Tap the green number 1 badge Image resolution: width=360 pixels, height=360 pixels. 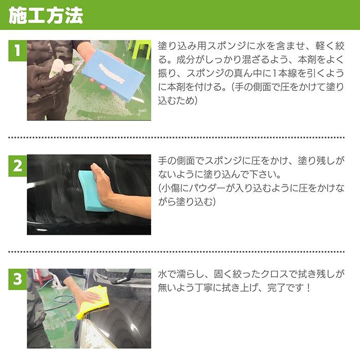coord(17,51)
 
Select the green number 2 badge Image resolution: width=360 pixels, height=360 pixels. coord(17,166)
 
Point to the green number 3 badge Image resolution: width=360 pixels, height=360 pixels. coord(17,279)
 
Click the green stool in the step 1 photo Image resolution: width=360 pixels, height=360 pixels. coord(139,48)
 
